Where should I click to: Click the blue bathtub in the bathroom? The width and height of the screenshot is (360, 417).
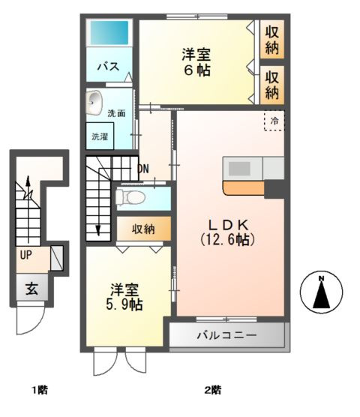109,33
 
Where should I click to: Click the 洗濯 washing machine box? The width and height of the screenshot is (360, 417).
100,136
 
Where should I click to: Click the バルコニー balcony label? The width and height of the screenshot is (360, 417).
226,335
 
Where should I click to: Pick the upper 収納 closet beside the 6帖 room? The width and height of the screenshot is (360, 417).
271,38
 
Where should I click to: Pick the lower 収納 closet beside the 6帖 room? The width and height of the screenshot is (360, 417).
271,85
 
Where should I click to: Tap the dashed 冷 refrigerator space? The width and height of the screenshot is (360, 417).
274,121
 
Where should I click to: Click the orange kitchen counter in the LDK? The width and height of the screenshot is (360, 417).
243,187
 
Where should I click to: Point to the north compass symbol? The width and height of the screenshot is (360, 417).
320,292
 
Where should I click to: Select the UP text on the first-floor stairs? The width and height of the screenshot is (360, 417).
25,255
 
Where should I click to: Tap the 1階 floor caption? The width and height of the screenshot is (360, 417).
39,390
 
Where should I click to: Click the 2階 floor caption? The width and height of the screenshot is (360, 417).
212,390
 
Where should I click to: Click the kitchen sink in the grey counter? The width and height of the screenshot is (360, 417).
241,168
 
